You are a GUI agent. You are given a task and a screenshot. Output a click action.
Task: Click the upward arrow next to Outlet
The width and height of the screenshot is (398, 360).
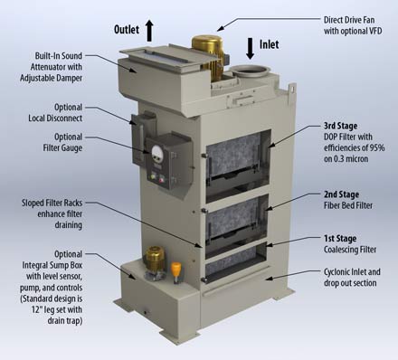tap(149, 31)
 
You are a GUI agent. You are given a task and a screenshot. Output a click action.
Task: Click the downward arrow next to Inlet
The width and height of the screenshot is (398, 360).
tap(250, 49)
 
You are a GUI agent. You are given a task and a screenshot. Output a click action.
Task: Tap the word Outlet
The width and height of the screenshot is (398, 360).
tap(127, 30)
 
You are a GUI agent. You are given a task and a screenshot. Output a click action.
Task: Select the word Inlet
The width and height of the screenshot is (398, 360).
tap(269, 44)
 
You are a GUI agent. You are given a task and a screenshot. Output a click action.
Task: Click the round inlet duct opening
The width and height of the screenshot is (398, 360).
tap(250, 71)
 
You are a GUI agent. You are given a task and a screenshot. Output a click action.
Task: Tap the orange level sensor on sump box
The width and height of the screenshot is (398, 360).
tap(176, 270)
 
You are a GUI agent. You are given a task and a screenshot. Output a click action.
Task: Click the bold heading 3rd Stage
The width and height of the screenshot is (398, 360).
tap(340, 126)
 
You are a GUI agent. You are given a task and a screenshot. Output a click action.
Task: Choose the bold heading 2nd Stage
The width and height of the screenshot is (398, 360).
tap(341, 194)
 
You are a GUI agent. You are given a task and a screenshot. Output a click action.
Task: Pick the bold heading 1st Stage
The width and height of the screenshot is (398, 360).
tap(340, 239)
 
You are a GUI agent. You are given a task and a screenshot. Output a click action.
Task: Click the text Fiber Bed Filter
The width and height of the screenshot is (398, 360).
tap(348, 205)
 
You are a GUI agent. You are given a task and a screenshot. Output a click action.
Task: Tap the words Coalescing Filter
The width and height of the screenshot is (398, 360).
tap(350, 250)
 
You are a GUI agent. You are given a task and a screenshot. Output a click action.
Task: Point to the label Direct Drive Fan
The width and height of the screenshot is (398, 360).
tap(349, 20)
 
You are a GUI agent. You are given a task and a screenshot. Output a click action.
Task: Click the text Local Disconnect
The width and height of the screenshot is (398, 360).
tap(55, 118)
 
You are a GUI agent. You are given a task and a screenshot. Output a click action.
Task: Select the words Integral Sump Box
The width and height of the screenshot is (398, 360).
tap(52, 265)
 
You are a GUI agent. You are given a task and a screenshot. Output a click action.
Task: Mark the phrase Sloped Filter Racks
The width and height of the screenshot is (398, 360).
tap(52, 203)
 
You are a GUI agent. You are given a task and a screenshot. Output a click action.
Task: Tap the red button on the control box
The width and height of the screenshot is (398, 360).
tap(162, 180)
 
